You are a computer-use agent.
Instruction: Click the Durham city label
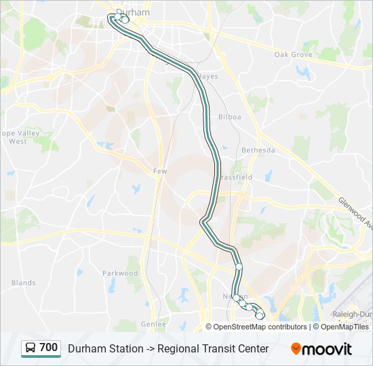[133, 12]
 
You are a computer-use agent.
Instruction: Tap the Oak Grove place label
[293, 54]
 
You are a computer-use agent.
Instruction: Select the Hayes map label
[208, 77]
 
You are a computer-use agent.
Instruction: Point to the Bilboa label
[230, 117]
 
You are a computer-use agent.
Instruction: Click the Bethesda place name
[258, 150]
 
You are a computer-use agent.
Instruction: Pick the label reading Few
[160, 171]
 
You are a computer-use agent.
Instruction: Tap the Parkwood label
[120, 273]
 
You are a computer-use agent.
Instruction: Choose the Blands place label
[24, 283]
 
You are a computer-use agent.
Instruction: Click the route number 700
[49, 348]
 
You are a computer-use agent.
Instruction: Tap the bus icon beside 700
[31, 348]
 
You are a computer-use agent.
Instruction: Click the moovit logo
[321, 349]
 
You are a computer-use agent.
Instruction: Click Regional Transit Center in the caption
[213, 348]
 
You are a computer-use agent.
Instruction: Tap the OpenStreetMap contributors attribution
[260, 327]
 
